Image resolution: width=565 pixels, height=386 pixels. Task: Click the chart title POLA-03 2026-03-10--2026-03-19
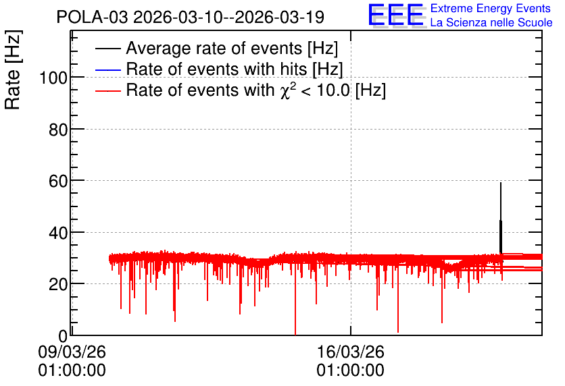tap(191, 17)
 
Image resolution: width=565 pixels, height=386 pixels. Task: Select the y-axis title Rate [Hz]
tap(12, 70)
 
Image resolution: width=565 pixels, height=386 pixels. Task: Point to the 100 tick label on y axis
tap(53, 78)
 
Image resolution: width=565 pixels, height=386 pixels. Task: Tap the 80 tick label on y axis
tap(58, 130)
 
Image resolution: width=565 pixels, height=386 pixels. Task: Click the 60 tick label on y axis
tap(58, 181)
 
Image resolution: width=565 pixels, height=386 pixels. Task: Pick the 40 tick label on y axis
tap(58, 233)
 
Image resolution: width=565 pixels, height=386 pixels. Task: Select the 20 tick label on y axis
tap(58, 285)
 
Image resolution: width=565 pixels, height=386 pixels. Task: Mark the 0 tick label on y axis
tap(63, 336)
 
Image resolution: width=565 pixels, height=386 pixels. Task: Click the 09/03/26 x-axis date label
tap(72, 352)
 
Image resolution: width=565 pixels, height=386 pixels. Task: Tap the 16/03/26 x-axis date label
tap(351, 352)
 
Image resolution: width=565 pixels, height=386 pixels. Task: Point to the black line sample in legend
tap(107, 49)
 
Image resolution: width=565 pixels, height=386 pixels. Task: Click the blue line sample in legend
tap(107, 70)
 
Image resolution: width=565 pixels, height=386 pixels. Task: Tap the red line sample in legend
tap(107, 90)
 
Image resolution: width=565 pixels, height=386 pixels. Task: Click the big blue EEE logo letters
tap(396, 15)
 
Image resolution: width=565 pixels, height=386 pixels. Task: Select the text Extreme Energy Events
tap(491, 8)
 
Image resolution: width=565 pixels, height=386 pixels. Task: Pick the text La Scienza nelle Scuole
tap(491, 22)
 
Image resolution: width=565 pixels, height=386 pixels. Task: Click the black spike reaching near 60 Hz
tap(501, 219)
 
